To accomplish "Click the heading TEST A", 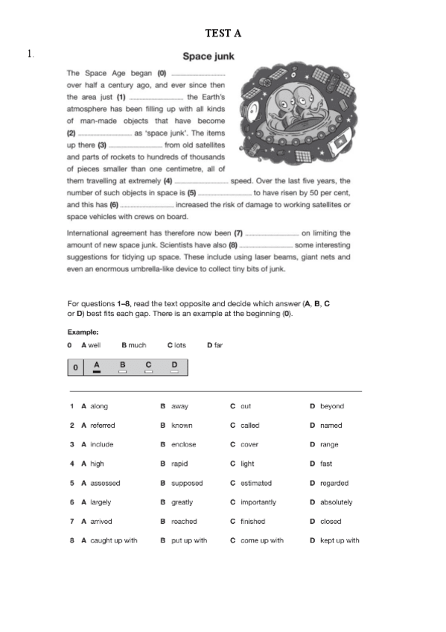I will (x=223, y=33).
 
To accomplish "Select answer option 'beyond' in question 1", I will (x=332, y=406).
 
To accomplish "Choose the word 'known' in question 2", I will (x=182, y=426).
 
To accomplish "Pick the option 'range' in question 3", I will (x=329, y=445).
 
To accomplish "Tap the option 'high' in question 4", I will (x=98, y=464).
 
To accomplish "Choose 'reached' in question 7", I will (x=184, y=522).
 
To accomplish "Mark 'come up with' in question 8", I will (x=261, y=540).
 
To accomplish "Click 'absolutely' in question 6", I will (x=337, y=502).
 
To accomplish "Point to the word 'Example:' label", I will (x=83, y=332).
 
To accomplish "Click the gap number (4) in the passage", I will (x=168, y=180).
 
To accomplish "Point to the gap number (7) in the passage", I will (x=239, y=233).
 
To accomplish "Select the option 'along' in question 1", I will (x=99, y=406).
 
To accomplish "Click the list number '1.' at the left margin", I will (x=31, y=54).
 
